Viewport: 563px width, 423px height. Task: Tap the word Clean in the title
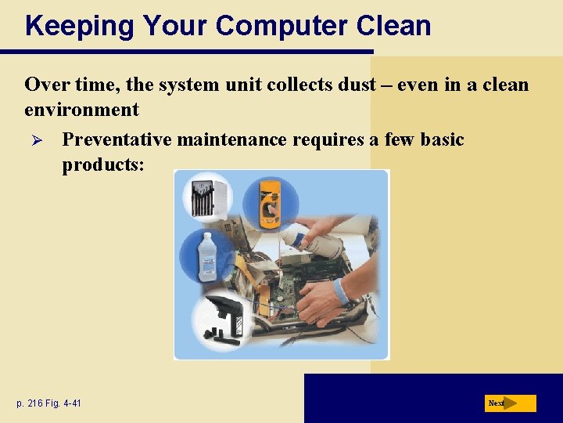[393, 26]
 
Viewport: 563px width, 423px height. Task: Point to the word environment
[81, 109]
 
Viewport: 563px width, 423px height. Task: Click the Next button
[510, 403]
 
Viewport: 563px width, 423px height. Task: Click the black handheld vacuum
[222, 317]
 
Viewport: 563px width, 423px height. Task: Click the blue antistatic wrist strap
[342, 291]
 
